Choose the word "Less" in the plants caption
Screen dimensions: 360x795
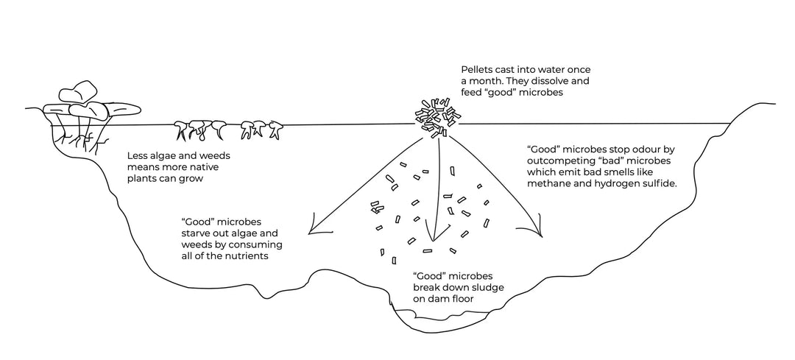click(x=139, y=155)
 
